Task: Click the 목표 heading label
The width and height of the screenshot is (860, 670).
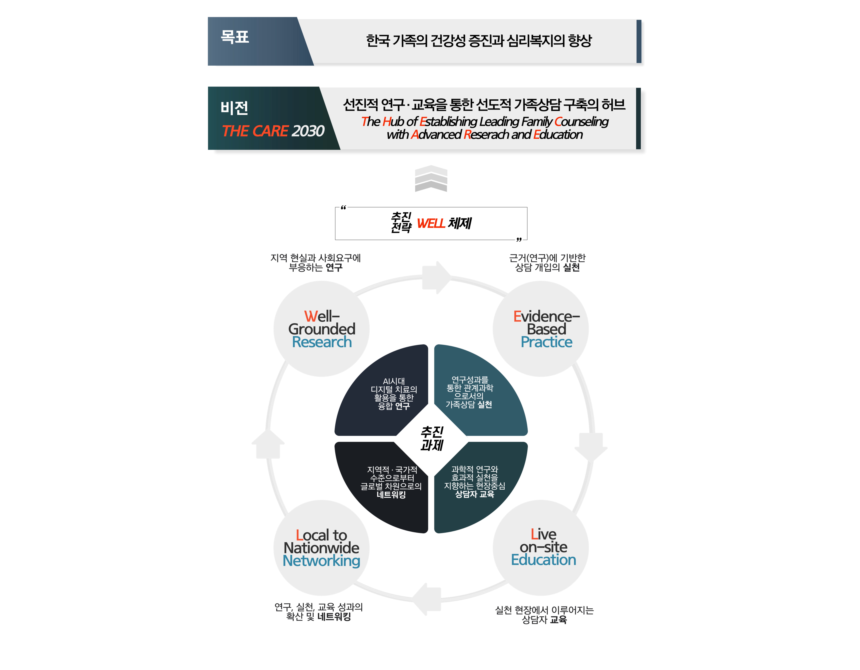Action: (x=235, y=37)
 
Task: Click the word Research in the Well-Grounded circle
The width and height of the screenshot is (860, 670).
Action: (x=322, y=342)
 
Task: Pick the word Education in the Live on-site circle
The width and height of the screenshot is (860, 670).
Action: (x=543, y=560)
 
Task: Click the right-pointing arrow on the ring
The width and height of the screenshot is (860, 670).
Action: (x=436, y=277)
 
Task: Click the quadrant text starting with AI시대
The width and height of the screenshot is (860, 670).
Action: (x=394, y=393)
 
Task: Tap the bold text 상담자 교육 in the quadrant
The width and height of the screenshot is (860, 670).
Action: (x=475, y=494)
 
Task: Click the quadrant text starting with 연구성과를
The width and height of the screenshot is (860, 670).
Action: (x=469, y=392)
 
